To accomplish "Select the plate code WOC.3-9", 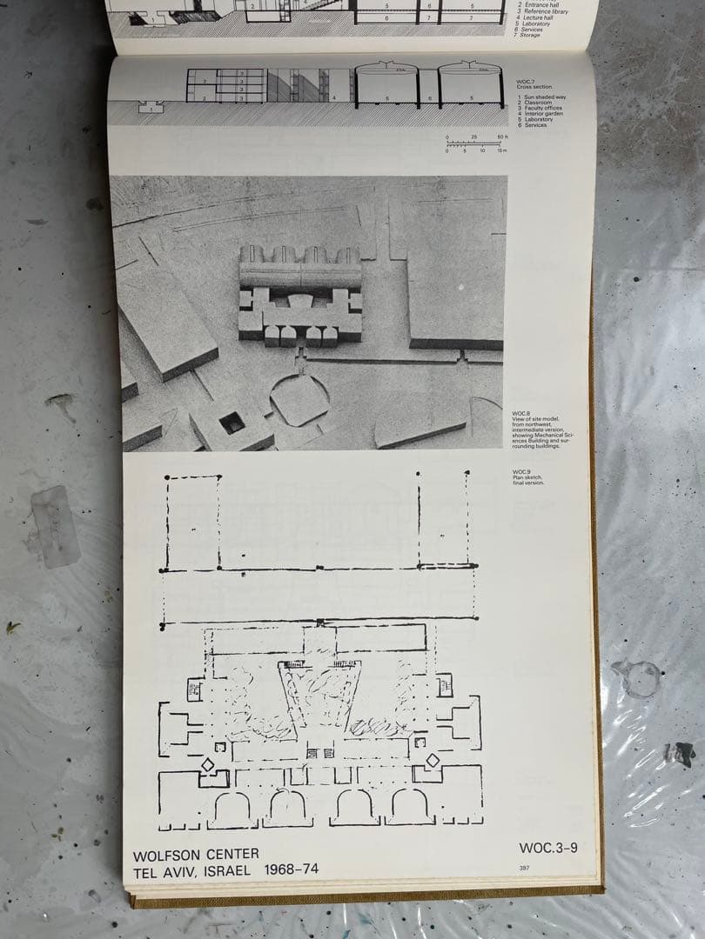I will pos(547,848).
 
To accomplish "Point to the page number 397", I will pos(524,867).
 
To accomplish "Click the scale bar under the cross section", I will pos(475,144).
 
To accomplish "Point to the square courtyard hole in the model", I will pos(232,423).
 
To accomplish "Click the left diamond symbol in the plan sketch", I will pos(208,764).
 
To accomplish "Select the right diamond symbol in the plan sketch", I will pos(433,760).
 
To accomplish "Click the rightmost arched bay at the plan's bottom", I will pos(410,806).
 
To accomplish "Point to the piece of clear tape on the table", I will pos(55,526).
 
